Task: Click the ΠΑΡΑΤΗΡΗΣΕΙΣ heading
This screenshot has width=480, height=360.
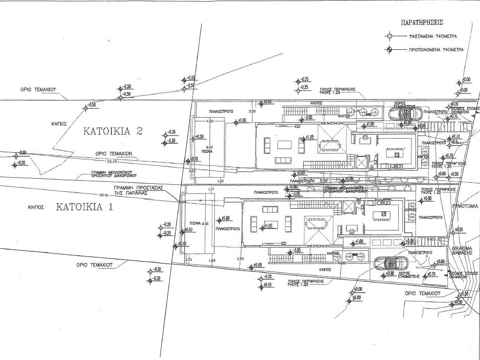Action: (422, 23)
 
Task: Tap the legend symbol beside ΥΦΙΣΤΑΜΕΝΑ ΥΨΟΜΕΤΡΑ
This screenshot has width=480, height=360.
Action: (389, 37)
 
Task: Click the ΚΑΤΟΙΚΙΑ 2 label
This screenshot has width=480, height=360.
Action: (113, 131)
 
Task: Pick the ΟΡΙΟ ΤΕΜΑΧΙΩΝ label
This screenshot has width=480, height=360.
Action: (114, 153)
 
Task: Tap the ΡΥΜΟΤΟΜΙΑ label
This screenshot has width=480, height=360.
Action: (465, 207)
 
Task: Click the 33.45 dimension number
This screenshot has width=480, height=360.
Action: (112, 162)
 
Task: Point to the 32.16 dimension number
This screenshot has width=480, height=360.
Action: (104, 195)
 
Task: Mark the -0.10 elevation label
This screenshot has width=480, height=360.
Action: (268, 277)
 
